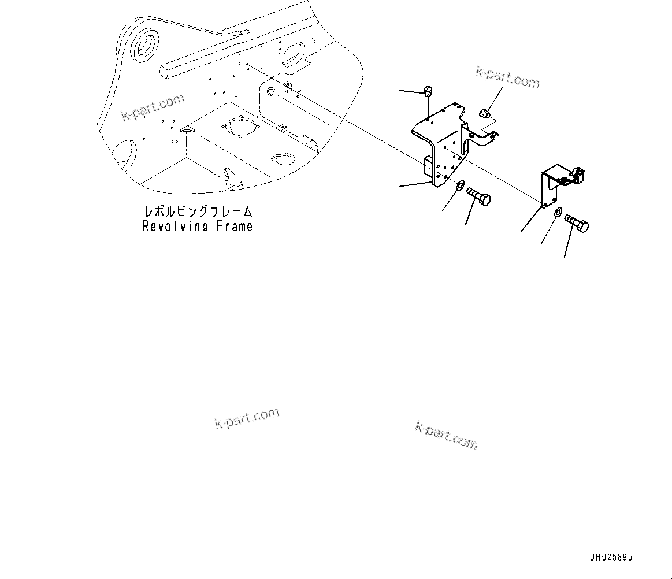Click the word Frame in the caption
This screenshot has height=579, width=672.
(234, 226)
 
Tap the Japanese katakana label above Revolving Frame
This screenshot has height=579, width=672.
(198, 213)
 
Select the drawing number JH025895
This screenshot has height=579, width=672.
(611, 558)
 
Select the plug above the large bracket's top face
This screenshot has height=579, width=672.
(428, 91)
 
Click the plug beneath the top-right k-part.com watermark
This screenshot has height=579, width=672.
(486, 112)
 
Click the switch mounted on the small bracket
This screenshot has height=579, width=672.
(574, 176)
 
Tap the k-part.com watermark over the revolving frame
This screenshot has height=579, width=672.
(153, 107)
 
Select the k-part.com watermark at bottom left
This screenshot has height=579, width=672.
(247, 418)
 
